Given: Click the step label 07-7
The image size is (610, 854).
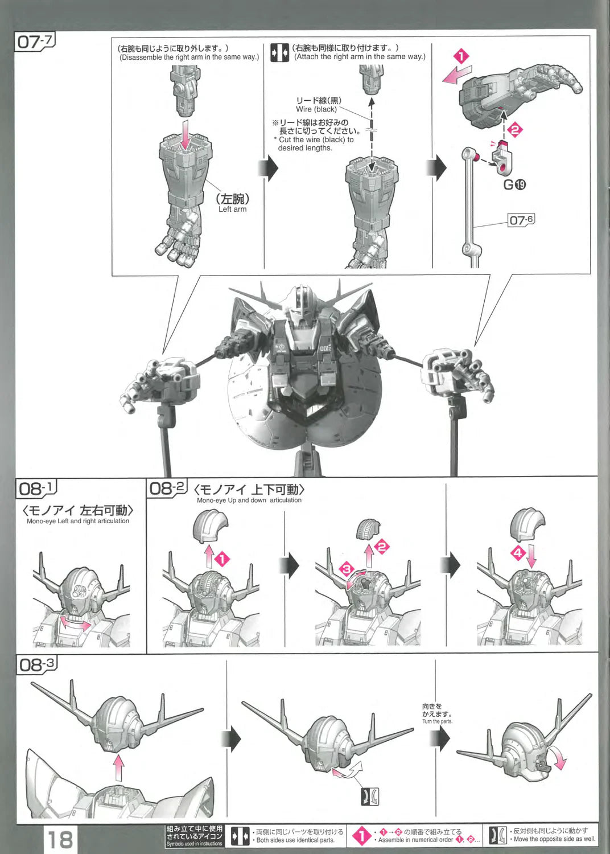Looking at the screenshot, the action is pyautogui.click(x=35, y=41).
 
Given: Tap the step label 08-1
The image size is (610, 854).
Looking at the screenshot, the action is pyautogui.click(x=36, y=488).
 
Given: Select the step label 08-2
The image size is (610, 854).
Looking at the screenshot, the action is pyautogui.click(x=167, y=488).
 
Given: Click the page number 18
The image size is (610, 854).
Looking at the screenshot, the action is pyautogui.click(x=60, y=839).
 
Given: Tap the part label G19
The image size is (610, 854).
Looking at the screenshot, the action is pyautogui.click(x=514, y=184).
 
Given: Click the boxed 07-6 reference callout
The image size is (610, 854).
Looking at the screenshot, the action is pyautogui.click(x=521, y=220).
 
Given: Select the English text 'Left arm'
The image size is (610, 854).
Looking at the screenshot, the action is pyautogui.click(x=232, y=210).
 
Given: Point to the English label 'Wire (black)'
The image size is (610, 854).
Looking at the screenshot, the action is pyautogui.click(x=316, y=109).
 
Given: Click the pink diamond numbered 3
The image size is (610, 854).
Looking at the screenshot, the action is pyautogui.click(x=347, y=569).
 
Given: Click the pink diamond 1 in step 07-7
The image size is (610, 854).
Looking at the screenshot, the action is pyautogui.click(x=461, y=57).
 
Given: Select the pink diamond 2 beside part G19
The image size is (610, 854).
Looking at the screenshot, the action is pyautogui.click(x=515, y=130).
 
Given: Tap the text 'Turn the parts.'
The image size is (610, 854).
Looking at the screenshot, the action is pyautogui.click(x=437, y=721).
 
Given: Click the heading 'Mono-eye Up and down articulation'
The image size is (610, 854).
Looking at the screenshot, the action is pyautogui.click(x=249, y=500).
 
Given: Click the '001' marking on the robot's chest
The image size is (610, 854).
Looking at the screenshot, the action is pyautogui.click(x=325, y=348).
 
